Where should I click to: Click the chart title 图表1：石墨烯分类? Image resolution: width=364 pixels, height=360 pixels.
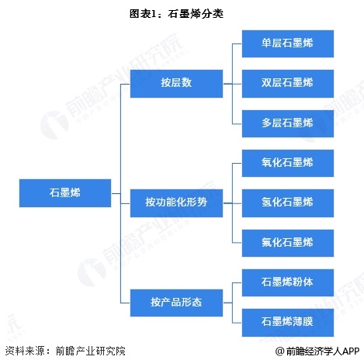(176, 14)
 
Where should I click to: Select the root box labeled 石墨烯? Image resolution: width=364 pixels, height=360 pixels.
(65, 193)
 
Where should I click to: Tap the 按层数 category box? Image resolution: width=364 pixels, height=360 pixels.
(176, 84)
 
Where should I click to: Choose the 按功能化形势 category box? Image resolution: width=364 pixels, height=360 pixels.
(176, 203)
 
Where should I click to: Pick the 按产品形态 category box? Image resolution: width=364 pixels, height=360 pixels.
(176, 303)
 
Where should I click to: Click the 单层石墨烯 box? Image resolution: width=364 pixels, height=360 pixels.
(288, 43)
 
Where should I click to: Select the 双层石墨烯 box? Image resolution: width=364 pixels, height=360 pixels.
(288, 84)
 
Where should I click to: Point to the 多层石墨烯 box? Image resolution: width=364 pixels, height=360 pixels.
(288, 123)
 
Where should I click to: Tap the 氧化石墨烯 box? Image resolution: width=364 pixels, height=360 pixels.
(288, 163)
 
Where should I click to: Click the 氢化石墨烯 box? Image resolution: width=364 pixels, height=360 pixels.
(288, 203)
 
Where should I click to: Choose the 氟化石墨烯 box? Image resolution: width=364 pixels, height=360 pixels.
(288, 243)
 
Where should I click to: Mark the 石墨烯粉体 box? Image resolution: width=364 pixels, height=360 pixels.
(288, 282)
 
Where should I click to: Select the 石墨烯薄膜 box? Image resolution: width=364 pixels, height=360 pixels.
(288, 323)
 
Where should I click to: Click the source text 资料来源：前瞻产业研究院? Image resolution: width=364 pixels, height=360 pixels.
(65, 351)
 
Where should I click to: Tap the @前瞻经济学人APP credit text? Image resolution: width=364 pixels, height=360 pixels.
(317, 351)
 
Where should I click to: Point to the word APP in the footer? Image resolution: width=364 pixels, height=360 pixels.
(351, 351)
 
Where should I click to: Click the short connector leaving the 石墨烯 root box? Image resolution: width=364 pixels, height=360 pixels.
(116, 193)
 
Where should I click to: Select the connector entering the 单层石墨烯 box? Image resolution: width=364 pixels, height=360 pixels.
(237, 43)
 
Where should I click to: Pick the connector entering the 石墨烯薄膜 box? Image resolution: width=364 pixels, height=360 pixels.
(237, 323)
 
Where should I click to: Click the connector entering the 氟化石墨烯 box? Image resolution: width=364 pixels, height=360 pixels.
(237, 243)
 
